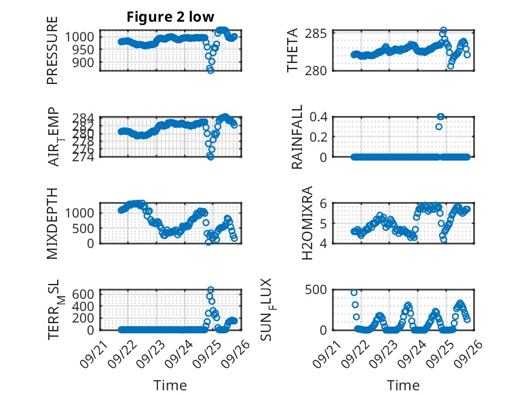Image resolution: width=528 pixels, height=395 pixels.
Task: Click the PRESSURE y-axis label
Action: pyautogui.click(x=52, y=51)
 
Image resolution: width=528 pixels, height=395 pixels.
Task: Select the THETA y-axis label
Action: pyautogui.click(x=293, y=50)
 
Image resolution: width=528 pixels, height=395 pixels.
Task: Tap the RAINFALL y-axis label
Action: pyautogui.click(x=297, y=137)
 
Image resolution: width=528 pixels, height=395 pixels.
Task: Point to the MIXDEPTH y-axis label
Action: pyautogui.click(x=52, y=222)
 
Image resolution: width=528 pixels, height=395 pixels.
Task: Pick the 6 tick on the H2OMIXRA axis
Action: pyautogui.click(x=324, y=203)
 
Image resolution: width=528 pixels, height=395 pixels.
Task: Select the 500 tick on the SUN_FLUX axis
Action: pyautogui.click(x=319, y=289)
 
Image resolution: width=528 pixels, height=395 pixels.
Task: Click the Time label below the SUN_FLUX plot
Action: pyautogui.click(x=403, y=386)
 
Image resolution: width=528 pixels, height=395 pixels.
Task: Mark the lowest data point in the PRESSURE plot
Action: pyautogui.click(x=210, y=70)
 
